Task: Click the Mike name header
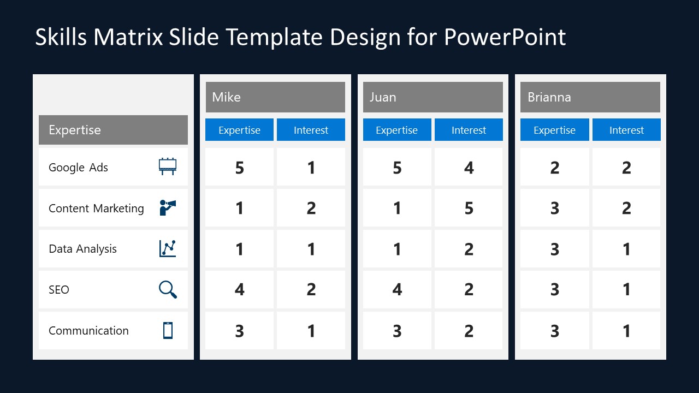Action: (x=275, y=97)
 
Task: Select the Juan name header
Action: (x=433, y=97)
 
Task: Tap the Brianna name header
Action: (x=590, y=97)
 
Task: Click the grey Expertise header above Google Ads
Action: (x=113, y=130)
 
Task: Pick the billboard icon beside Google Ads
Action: (x=168, y=166)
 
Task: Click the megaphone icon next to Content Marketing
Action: (x=168, y=207)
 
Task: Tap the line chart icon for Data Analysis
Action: (x=168, y=248)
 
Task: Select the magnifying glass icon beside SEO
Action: (x=168, y=289)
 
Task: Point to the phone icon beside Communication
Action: (x=168, y=330)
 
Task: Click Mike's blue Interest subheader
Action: (x=311, y=130)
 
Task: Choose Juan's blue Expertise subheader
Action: (x=397, y=130)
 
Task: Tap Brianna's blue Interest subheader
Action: (x=626, y=130)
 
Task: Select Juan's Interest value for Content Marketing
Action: (x=469, y=208)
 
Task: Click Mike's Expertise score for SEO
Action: (x=239, y=289)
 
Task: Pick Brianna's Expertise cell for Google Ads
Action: (x=554, y=167)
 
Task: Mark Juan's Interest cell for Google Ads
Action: (x=469, y=167)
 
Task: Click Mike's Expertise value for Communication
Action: (x=239, y=330)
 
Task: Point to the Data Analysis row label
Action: (x=83, y=249)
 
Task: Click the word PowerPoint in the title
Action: (x=505, y=37)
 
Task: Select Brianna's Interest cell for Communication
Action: (x=626, y=330)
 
